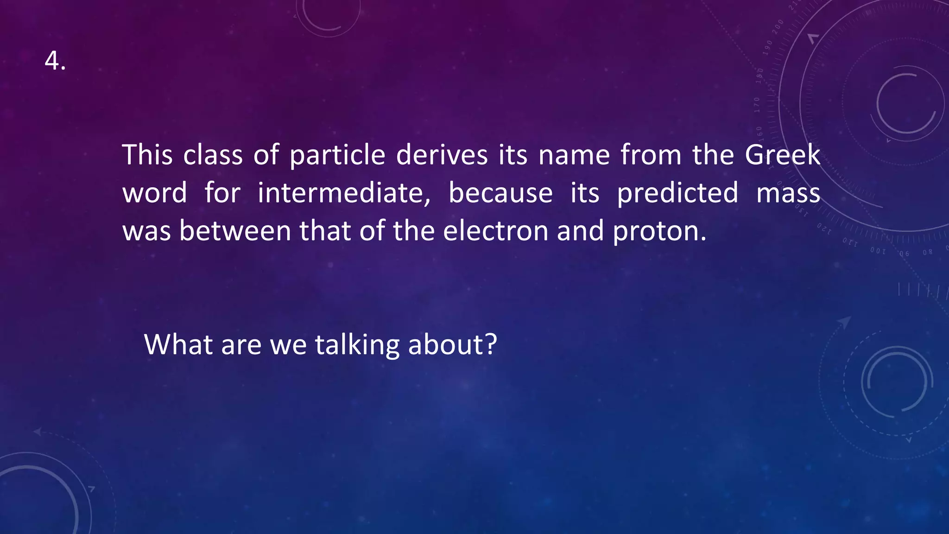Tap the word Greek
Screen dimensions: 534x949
point(782,155)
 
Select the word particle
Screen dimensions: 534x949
point(337,155)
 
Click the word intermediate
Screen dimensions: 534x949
point(344,193)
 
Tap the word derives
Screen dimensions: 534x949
point(442,155)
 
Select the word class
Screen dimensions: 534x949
point(213,155)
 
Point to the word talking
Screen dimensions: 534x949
point(357,345)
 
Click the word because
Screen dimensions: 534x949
point(500,193)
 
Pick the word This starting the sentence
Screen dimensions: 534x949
point(147,155)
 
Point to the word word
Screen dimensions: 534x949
point(155,193)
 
